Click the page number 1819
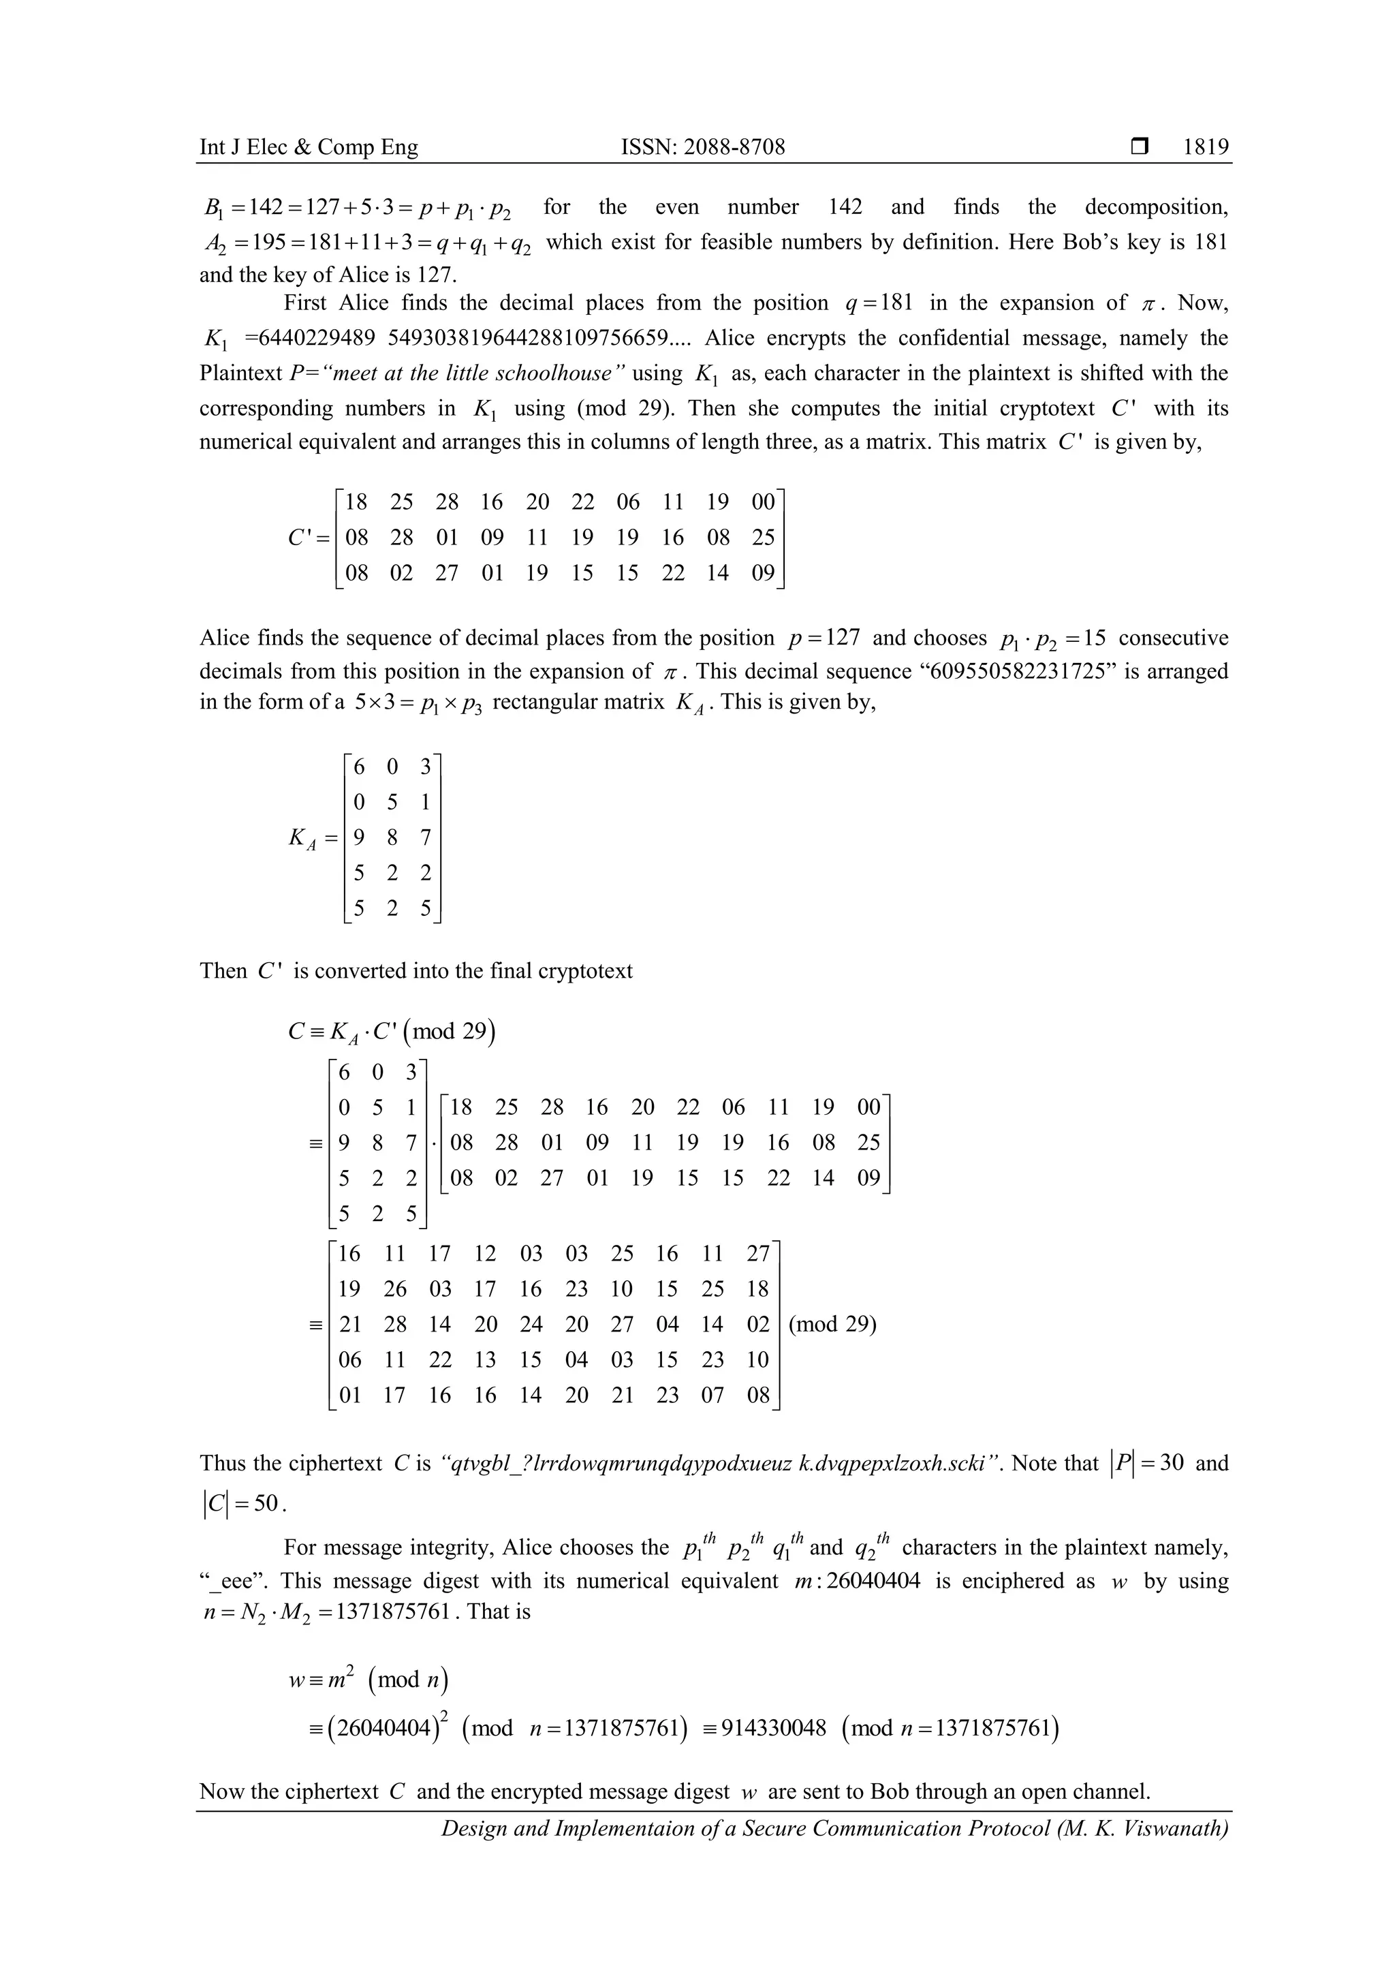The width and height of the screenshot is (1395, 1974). (x=1205, y=147)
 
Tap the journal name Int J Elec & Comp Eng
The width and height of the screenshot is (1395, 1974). (x=309, y=147)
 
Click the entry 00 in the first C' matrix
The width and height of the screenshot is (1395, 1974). (x=762, y=502)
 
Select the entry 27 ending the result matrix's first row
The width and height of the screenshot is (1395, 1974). (x=757, y=1254)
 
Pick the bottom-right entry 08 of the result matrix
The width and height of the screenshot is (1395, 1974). (x=757, y=1395)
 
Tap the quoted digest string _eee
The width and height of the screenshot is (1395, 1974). (x=231, y=1581)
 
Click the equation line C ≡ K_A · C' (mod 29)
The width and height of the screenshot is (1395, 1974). (x=391, y=1031)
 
